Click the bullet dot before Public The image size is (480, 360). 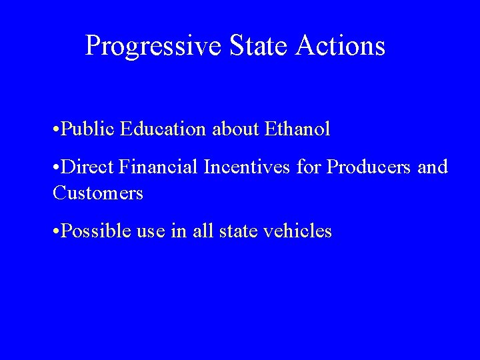[x=53, y=129]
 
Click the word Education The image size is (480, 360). [x=164, y=129]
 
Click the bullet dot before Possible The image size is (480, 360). [x=53, y=233]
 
